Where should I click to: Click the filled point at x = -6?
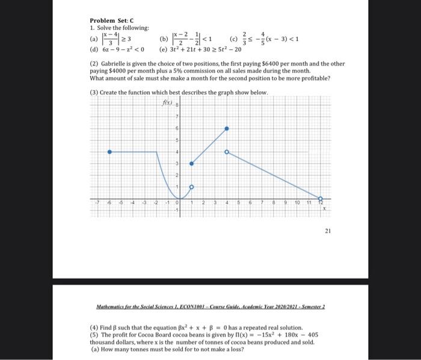point(109,152)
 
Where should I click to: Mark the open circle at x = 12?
point(320,198)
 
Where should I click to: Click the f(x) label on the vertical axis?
point(167,103)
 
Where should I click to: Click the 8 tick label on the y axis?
point(177,105)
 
